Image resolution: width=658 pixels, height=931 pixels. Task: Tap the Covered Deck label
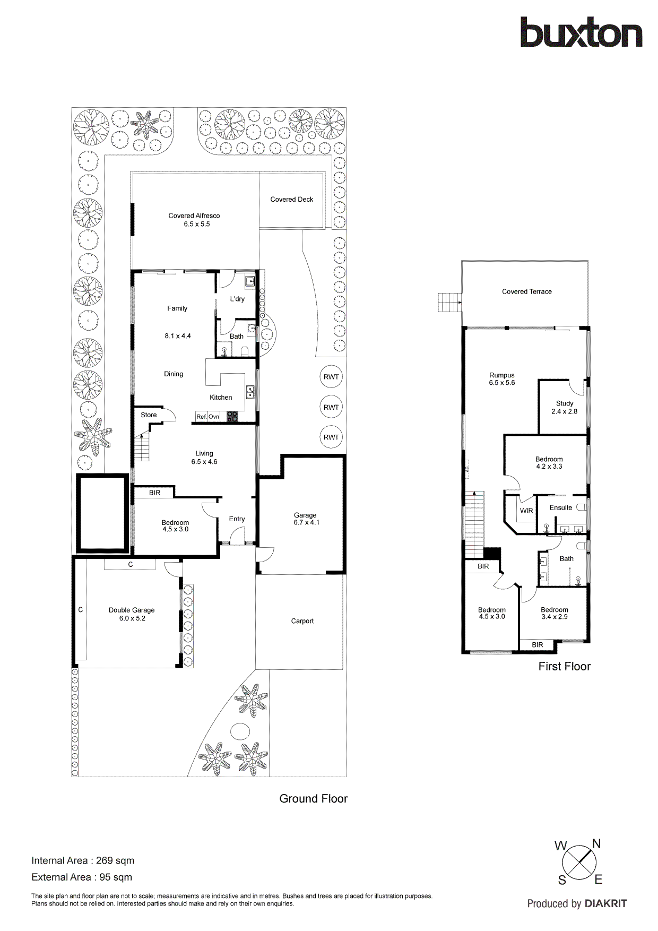click(x=291, y=200)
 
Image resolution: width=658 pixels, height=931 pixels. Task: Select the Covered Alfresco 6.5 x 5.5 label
click(x=194, y=220)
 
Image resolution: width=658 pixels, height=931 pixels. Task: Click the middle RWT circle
click(x=331, y=407)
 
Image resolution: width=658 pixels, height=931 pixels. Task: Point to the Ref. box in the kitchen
click(x=202, y=417)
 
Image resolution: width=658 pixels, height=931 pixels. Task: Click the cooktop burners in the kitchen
click(x=232, y=417)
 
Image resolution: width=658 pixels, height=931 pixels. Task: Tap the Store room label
click(x=149, y=415)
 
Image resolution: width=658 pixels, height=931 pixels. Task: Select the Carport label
click(x=302, y=621)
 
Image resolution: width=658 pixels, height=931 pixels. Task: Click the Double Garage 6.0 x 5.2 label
click(x=132, y=614)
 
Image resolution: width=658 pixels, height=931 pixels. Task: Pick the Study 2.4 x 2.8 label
click(x=564, y=407)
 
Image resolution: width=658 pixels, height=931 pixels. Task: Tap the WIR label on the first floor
click(x=526, y=511)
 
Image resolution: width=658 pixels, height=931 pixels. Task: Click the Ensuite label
click(x=560, y=507)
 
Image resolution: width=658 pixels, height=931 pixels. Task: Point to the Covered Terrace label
click(x=526, y=291)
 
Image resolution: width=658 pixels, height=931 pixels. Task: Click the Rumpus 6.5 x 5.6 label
click(x=501, y=378)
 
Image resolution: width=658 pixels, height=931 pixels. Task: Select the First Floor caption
click(x=564, y=667)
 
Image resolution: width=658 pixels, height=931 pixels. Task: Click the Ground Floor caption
click(x=313, y=799)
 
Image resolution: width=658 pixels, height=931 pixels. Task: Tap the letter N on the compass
click(x=596, y=843)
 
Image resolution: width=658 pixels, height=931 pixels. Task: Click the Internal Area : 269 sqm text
click(x=83, y=860)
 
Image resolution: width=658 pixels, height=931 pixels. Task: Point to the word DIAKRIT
click(x=605, y=903)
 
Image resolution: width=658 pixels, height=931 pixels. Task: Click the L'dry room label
click(x=237, y=299)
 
